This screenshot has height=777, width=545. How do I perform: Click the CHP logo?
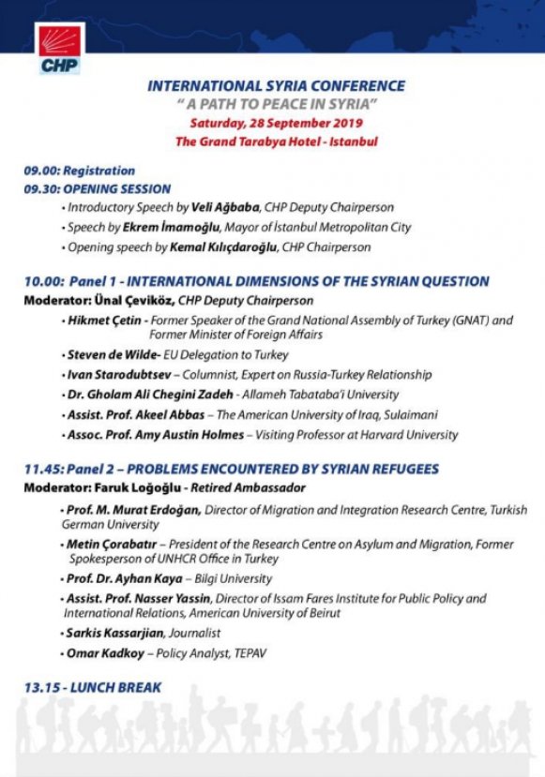59,50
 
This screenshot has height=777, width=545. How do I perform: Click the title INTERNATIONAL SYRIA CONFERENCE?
276,86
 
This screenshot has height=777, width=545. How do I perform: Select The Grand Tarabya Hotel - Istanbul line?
276,142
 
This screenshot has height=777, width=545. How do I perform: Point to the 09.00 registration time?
41,171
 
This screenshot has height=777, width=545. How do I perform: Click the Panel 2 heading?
244,469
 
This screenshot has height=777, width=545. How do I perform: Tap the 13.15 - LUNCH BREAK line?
93,687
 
